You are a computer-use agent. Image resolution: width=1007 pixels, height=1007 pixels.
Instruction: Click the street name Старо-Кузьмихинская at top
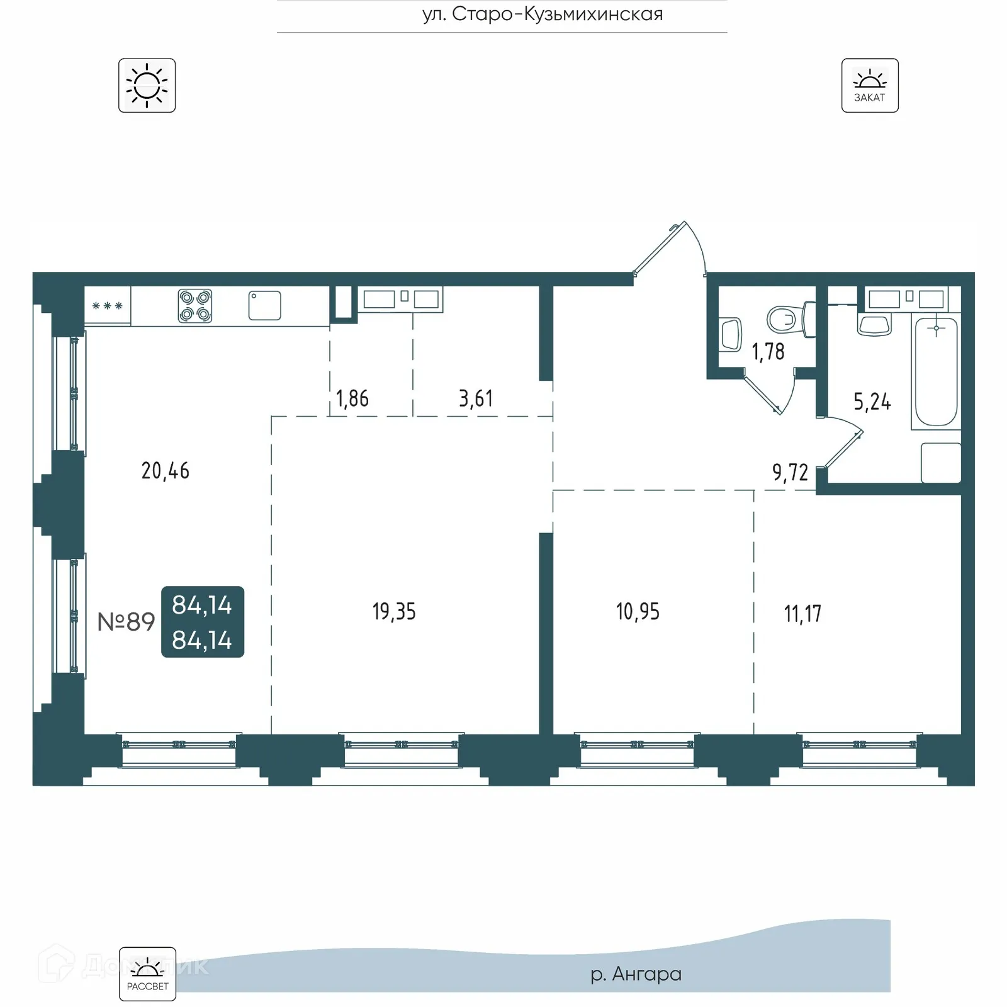(x=543, y=14)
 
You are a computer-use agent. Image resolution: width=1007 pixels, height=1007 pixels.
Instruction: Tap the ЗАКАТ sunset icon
(x=869, y=86)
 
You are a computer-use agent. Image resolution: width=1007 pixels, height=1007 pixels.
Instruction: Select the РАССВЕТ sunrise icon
(x=147, y=974)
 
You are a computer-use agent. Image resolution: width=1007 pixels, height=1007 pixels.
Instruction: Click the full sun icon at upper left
(x=147, y=86)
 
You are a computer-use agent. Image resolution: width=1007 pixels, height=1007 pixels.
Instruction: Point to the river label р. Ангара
(x=636, y=974)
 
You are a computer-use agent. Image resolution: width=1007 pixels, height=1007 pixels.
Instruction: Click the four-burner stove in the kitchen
(x=194, y=306)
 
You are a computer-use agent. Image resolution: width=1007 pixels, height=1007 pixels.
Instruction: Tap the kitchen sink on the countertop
(x=264, y=305)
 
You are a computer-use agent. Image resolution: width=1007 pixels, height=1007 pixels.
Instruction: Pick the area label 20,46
(x=165, y=471)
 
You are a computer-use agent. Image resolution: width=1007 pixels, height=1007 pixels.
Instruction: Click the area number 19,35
(x=394, y=612)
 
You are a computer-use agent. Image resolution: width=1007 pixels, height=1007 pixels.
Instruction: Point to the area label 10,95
(x=638, y=612)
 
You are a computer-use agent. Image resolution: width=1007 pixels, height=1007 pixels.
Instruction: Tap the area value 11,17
(x=802, y=614)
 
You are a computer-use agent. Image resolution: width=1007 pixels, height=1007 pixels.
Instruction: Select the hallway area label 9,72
(x=790, y=472)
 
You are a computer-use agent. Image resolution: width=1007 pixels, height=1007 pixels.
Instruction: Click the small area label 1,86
(x=352, y=398)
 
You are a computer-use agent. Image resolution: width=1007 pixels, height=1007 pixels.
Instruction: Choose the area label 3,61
(x=476, y=398)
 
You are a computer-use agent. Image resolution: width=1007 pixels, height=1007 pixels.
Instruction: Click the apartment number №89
(x=126, y=622)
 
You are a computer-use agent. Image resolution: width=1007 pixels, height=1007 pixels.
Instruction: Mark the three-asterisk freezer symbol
(x=107, y=306)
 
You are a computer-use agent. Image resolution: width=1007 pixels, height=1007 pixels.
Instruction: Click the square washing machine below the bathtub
(x=940, y=463)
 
